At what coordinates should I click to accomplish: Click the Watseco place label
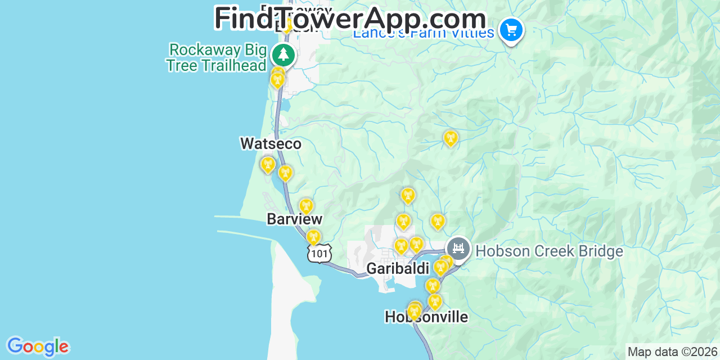271,144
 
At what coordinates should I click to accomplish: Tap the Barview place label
295,219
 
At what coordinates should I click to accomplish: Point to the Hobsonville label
426,317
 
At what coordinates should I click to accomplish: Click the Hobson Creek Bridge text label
549,251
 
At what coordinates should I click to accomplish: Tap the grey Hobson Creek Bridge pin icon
458,248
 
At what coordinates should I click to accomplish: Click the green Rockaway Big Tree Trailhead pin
283,55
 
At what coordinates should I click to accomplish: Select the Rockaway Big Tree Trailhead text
217,57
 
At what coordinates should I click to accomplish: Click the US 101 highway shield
319,254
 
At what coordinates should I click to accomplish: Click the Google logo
38,346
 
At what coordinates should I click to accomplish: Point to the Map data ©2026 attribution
672,352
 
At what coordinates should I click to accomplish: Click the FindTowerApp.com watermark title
350,19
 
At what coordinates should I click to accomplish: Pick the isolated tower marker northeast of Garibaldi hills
450,138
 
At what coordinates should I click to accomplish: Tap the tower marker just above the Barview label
306,206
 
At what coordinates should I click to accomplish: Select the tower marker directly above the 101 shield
313,237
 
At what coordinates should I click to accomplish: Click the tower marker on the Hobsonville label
415,311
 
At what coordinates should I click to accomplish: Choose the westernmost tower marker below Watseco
268,165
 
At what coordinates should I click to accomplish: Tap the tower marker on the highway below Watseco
285,173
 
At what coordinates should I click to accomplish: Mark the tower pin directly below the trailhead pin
277,80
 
